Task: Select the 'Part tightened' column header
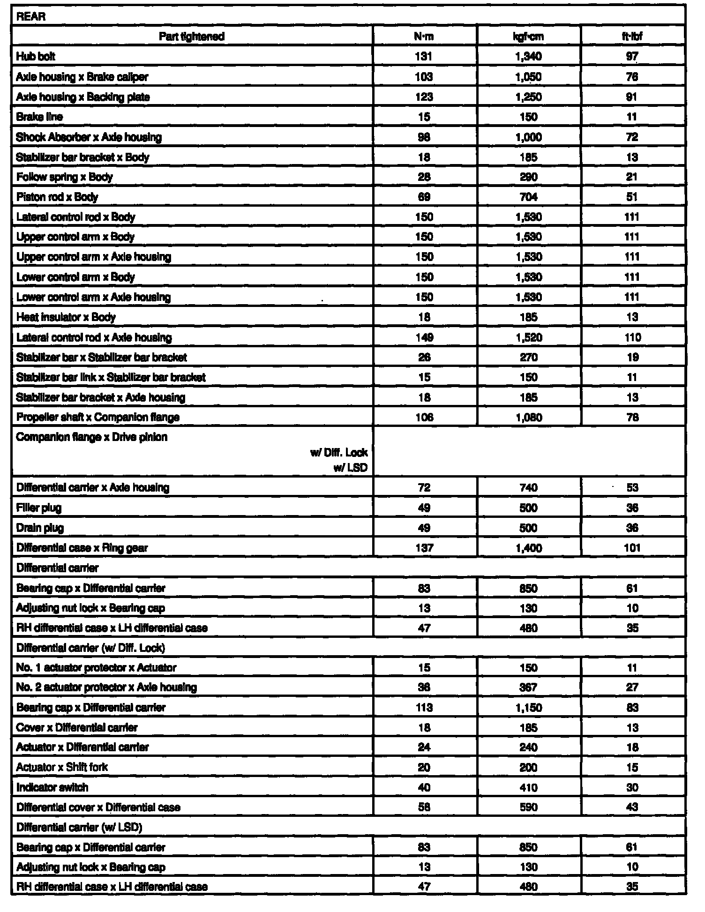point(192,37)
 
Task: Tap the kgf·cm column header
point(528,37)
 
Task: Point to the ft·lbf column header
point(632,37)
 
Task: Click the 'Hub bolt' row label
point(36,57)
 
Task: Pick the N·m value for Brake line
point(424,117)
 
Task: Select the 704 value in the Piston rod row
point(528,197)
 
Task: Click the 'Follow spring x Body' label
point(64,177)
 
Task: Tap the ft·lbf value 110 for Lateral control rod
point(632,337)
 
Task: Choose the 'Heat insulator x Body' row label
point(66,317)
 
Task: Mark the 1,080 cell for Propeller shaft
point(528,417)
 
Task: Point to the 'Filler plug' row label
point(38,508)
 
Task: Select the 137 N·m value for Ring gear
point(424,548)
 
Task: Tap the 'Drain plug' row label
point(40,528)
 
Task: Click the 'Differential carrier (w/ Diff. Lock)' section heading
point(90,648)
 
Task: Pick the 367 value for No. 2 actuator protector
point(528,688)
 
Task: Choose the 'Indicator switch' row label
point(52,787)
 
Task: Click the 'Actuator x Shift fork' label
point(62,767)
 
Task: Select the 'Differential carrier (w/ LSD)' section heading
point(79,828)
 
